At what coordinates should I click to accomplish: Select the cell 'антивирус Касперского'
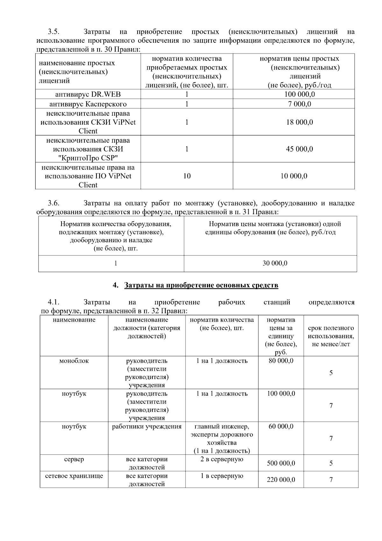(88, 104)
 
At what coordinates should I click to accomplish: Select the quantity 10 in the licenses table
(187, 176)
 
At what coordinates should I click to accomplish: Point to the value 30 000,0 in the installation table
(275, 263)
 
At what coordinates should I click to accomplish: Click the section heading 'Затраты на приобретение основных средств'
(201, 285)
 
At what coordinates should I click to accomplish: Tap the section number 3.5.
(54, 32)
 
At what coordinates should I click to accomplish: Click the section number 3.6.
(54, 203)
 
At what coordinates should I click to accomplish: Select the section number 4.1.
(54, 302)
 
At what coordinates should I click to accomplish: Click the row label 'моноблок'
(74, 361)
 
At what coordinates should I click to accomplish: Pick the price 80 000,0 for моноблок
(281, 361)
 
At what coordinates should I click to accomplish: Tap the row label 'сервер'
(74, 459)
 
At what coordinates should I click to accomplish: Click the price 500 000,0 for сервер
(281, 463)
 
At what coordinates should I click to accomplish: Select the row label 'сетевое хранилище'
(74, 476)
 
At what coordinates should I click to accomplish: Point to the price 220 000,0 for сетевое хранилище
(281, 480)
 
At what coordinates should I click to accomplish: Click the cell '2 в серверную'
(222, 459)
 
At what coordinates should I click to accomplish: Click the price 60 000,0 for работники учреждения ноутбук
(281, 427)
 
